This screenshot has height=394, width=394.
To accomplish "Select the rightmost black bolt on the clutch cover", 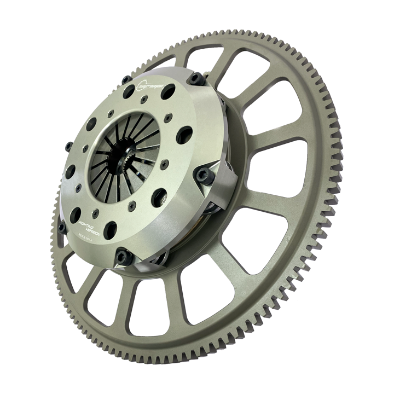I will click(204, 175).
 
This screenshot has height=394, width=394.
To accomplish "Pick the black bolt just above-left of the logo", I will click(126, 80).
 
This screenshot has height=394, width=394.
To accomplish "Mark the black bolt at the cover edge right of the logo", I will click(193, 79).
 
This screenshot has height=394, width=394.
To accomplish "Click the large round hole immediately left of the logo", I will click(129, 91).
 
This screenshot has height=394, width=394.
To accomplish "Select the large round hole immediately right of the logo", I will click(169, 90).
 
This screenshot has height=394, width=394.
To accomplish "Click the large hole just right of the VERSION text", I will click(111, 229).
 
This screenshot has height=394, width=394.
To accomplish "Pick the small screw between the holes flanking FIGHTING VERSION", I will click(94, 212).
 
